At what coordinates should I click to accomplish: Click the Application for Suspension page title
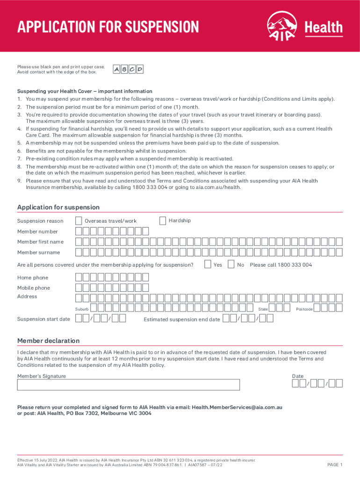(x=108, y=26)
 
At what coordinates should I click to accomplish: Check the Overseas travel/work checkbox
(x=79, y=221)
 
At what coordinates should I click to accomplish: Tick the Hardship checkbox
(x=163, y=220)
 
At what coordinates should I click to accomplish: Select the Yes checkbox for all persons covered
(x=208, y=265)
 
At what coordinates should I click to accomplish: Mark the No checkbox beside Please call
(x=231, y=265)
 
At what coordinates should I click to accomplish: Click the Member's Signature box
(x=129, y=385)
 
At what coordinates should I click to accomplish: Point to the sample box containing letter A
(x=116, y=70)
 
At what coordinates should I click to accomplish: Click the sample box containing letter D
(x=140, y=70)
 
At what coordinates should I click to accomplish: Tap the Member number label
(x=37, y=232)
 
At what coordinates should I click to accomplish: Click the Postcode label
(x=304, y=309)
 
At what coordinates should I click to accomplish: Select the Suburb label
(x=82, y=309)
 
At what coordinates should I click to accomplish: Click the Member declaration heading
(x=48, y=341)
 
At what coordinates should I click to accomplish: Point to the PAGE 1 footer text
(x=335, y=464)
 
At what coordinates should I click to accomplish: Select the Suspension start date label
(x=43, y=319)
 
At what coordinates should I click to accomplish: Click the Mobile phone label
(x=34, y=288)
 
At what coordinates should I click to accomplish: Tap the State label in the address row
(x=263, y=309)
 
